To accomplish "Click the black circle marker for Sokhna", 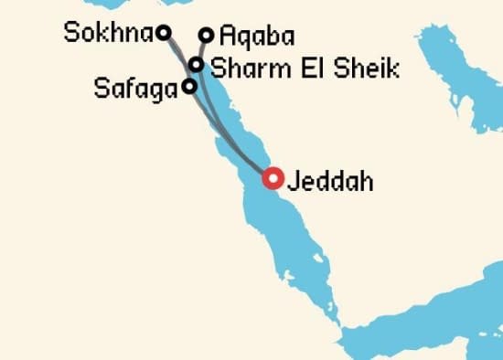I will (164, 33).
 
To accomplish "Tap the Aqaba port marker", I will (206, 36).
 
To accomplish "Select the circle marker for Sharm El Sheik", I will (196, 64).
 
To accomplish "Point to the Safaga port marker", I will (188, 87).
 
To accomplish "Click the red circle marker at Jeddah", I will (272, 178).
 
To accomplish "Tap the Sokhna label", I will (108, 34).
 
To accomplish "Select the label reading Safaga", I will (135, 89).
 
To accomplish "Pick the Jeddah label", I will (329, 181).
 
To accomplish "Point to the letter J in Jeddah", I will (293, 181).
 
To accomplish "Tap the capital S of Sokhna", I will (72, 34).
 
